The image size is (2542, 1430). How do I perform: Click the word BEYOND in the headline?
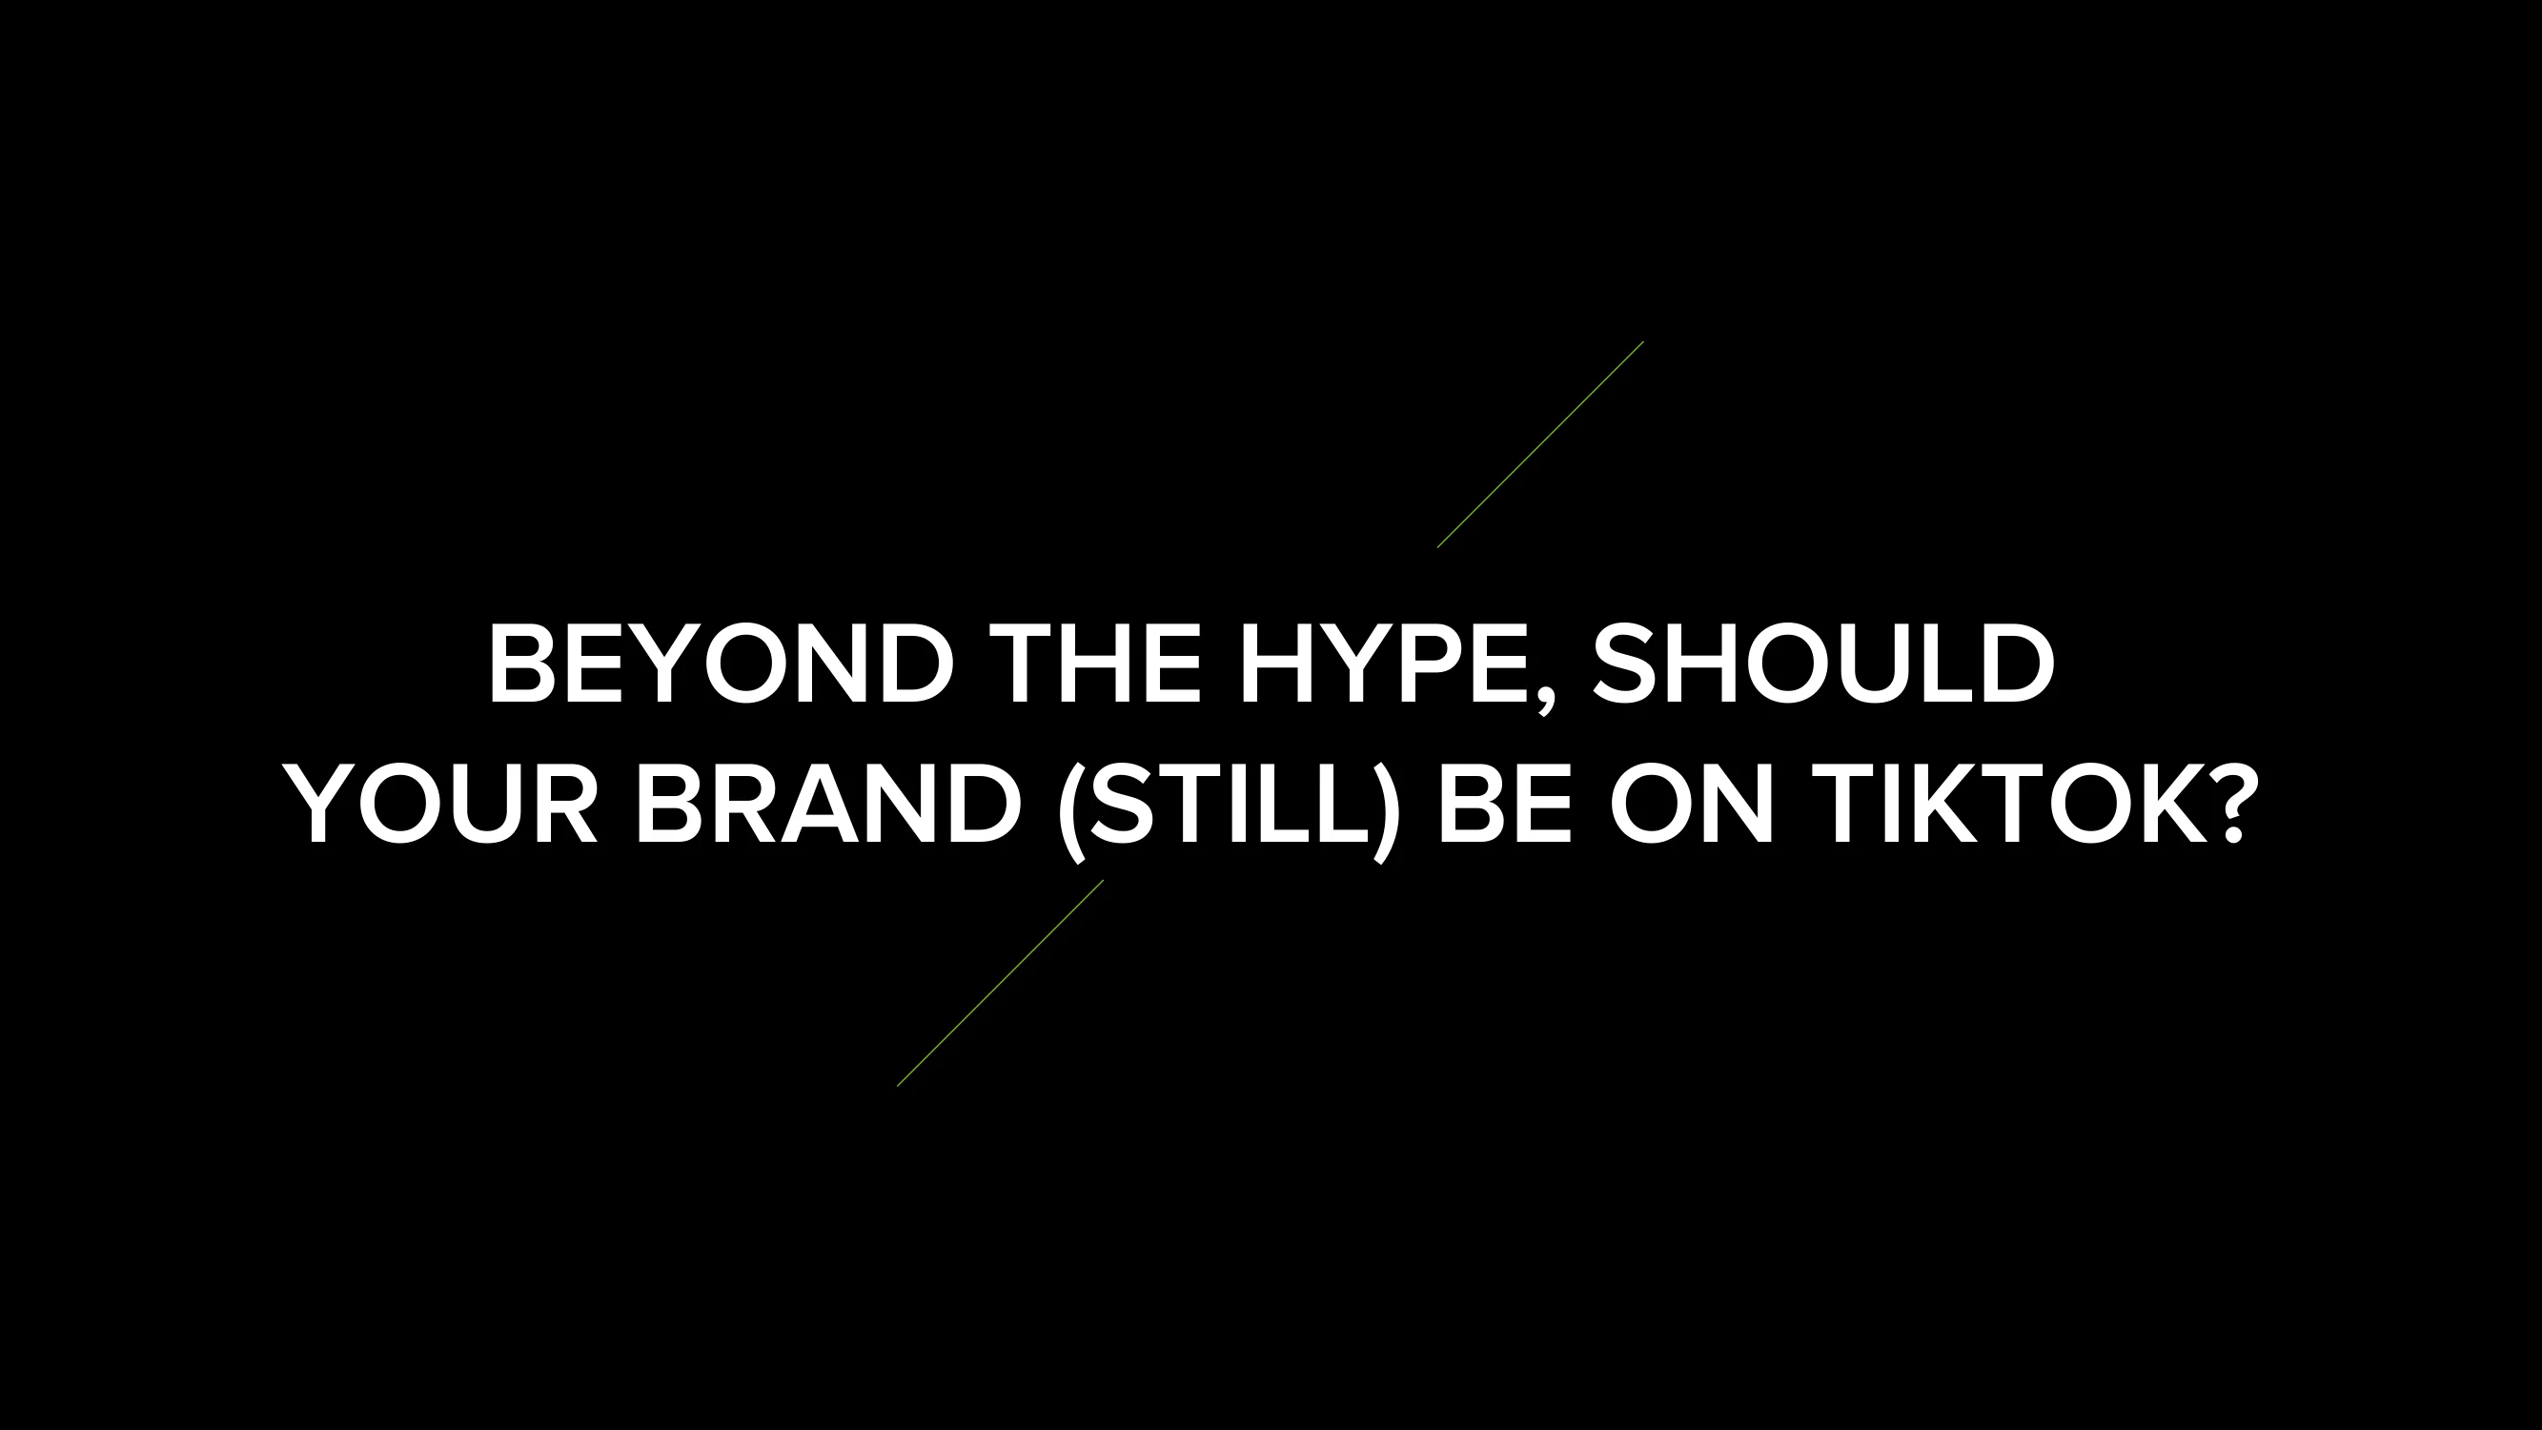(722, 664)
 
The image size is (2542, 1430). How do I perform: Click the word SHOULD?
(1823, 664)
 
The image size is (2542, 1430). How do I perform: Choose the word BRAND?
(829, 805)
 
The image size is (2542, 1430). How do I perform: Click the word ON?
(1692, 805)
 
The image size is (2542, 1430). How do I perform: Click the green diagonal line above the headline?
(1540, 444)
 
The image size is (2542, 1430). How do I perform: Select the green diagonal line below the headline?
(1001, 983)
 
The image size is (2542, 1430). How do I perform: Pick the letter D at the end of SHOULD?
(2018, 664)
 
